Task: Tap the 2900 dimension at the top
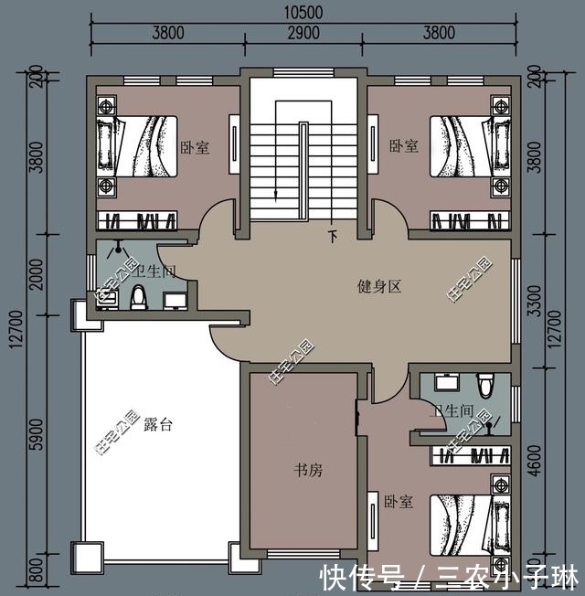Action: coord(303,33)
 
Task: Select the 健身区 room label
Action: coord(379,286)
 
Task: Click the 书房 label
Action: coord(306,470)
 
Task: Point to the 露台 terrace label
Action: coord(158,424)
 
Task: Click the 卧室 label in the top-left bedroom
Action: coord(194,146)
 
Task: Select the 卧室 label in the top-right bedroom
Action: coord(403,146)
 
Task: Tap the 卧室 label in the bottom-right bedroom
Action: coord(399,502)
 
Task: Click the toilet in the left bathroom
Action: coord(139,296)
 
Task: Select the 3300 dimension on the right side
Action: coord(536,309)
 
